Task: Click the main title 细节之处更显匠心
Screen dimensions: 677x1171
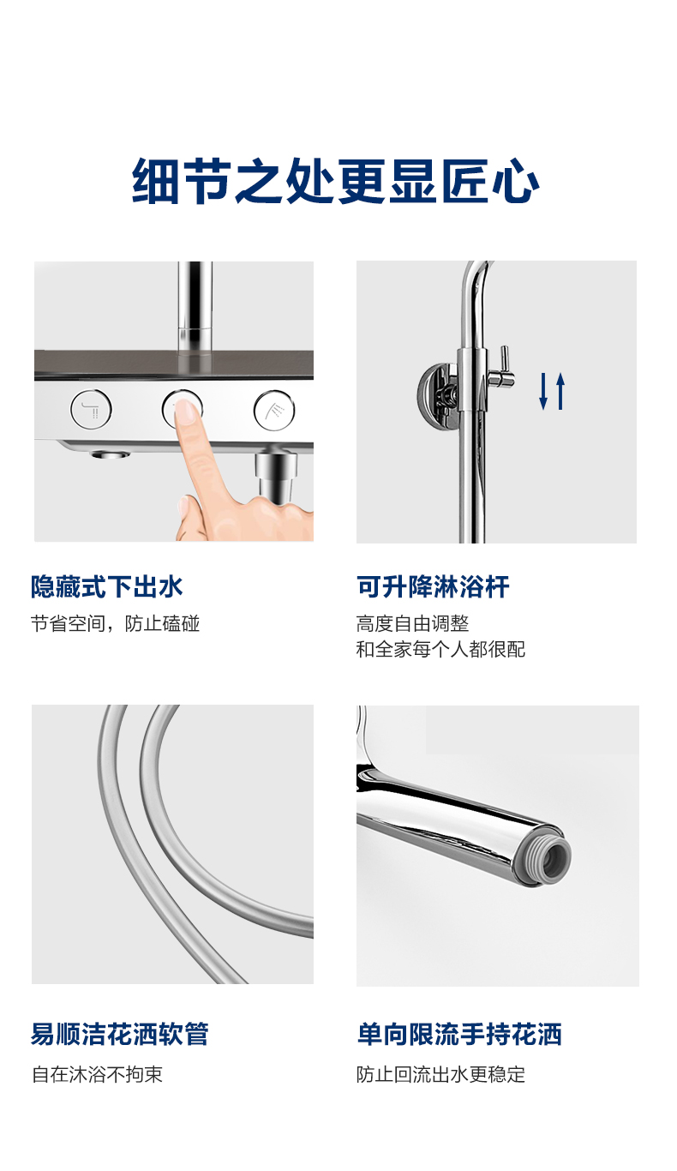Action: tap(335, 181)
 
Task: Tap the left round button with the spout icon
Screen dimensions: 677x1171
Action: tap(92, 409)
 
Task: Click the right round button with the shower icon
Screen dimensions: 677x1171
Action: tap(274, 410)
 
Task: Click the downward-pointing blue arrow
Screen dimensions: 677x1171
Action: tap(543, 391)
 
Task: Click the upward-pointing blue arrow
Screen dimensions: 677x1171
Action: tap(560, 391)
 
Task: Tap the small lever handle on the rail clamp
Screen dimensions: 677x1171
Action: tap(503, 366)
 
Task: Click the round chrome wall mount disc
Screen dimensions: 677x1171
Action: tap(437, 397)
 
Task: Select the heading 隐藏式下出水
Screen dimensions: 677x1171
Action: tap(106, 586)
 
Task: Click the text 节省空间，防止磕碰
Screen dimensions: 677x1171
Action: tap(115, 623)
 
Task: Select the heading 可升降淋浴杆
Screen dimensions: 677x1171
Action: tap(433, 586)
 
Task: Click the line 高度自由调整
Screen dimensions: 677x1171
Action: tap(412, 623)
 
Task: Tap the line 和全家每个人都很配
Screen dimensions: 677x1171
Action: tap(440, 649)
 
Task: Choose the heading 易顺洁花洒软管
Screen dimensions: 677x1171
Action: tap(120, 1034)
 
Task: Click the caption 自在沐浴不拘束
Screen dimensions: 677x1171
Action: tap(97, 1075)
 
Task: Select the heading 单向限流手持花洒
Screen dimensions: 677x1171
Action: tap(459, 1034)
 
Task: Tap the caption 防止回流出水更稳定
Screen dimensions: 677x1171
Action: tap(440, 1075)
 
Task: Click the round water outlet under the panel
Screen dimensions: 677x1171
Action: tap(110, 453)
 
